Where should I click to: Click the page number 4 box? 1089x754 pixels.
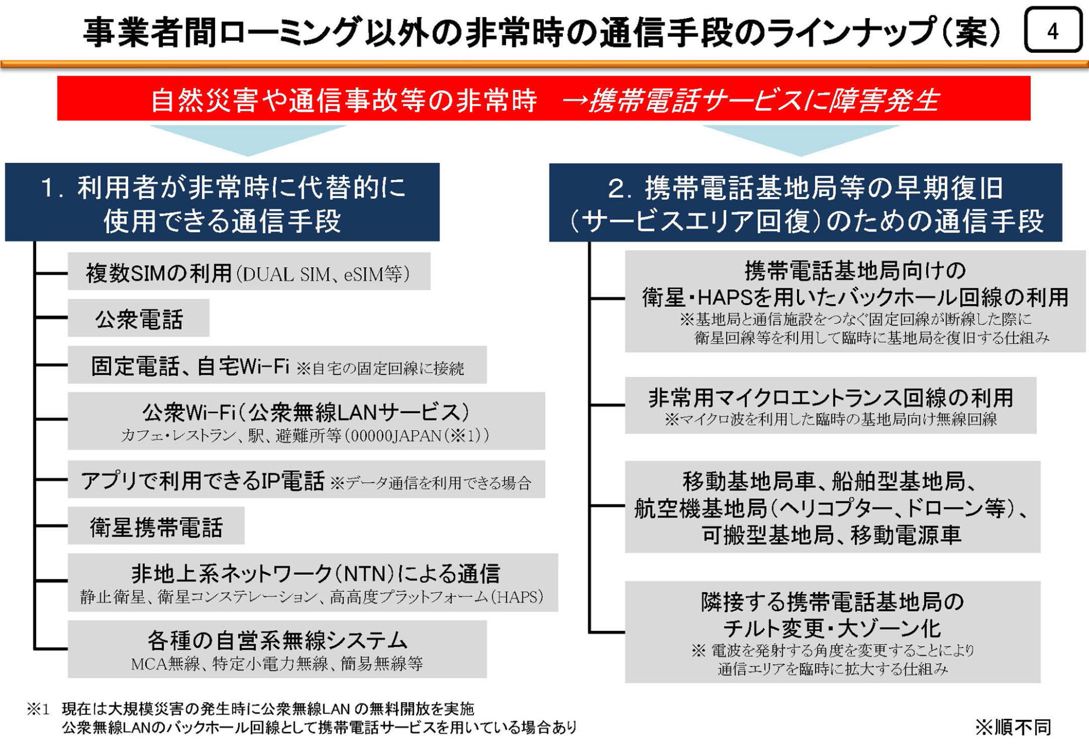[x=1053, y=30]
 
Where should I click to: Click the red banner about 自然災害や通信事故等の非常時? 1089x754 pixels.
[x=543, y=99]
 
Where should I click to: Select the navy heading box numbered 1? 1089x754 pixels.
[x=222, y=203]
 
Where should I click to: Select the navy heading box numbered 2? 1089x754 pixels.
[x=805, y=203]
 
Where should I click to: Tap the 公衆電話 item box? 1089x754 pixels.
[x=138, y=319]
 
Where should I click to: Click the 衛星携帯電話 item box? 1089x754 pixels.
[x=156, y=526]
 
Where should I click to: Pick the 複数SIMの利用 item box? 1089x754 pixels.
[x=248, y=273]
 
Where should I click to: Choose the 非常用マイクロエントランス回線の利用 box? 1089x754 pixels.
[x=830, y=405]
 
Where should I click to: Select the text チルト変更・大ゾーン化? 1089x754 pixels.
[x=832, y=628]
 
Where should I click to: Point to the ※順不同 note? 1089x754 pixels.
[x=1013, y=727]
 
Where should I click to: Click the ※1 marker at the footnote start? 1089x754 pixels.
[x=39, y=709]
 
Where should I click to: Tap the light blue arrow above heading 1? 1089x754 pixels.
[x=248, y=140]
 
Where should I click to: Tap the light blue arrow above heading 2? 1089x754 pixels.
[x=801, y=140]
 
